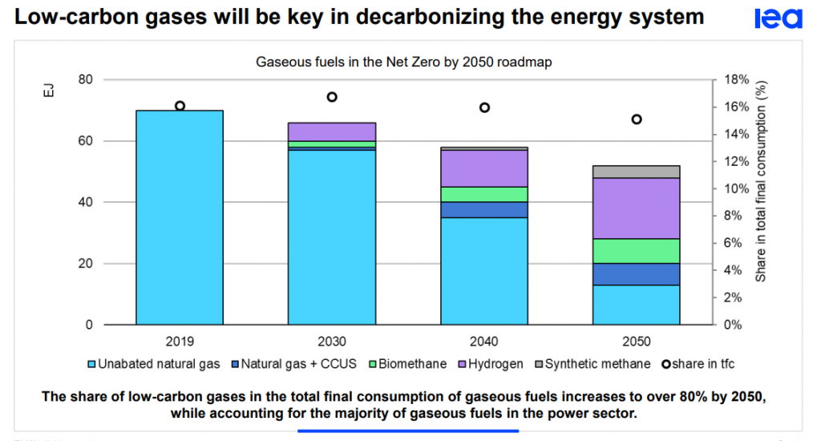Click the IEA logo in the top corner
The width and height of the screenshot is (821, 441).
pyautogui.click(x=778, y=18)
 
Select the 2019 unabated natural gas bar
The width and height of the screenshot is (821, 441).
pyautogui.click(x=179, y=216)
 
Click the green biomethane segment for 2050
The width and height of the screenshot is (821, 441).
pyautogui.click(x=637, y=251)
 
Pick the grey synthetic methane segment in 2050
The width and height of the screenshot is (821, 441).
pyautogui.click(x=637, y=172)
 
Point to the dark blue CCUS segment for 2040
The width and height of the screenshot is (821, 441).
pyautogui.click(x=484, y=209)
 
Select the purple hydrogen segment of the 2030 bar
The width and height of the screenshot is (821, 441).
pyautogui.click(x=332, y=131)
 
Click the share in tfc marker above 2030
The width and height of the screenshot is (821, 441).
pyautogui.click(x=332, y=97)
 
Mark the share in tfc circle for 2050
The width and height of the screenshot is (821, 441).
pyautogui.click(x=637, y=119)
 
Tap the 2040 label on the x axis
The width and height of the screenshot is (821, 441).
pyautogui.click(x=484, y=340)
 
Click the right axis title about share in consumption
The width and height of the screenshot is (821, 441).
pyautogui.click(x=762, y=180)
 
